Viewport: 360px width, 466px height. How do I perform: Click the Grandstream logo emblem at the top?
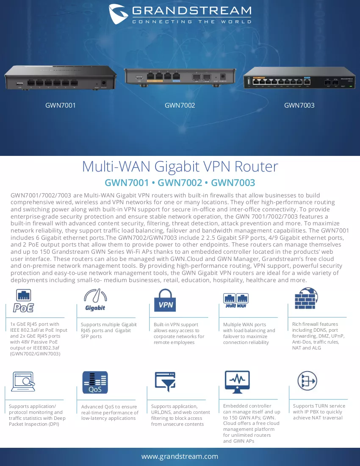tap(118, 14)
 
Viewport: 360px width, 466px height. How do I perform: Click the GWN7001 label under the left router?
tap(60, 105)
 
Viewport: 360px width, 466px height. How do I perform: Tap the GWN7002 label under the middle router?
tap(180, 105)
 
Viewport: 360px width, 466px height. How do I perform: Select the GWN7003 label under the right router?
tap(299, 105)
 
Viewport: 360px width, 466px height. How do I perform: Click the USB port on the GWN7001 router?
tap(20, 83)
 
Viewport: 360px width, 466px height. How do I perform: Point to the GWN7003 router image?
tap(299, 78)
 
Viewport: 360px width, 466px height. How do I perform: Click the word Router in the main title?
tap(256, 166)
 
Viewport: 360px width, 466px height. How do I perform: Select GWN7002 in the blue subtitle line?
tap(180, 183)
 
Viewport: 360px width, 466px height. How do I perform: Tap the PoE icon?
tap(23, 300)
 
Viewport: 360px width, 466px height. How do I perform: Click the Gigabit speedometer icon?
tap(95, 300)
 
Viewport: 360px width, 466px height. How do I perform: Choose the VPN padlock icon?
tap(165, 300)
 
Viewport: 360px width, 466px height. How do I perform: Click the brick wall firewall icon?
tap(306, 298)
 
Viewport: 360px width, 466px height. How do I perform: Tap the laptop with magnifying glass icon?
tap(23, 382)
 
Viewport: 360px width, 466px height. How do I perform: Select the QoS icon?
tap(95, 382)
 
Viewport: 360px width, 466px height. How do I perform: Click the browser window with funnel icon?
tap(165, 382)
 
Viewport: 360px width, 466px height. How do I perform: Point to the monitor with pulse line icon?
tap(237, 382)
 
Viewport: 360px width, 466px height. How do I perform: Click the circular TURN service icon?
tap(307, 381)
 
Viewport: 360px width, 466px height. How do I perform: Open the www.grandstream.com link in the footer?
tap(180, 456)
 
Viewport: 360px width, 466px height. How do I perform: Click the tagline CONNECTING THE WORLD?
tap(192, 22)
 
